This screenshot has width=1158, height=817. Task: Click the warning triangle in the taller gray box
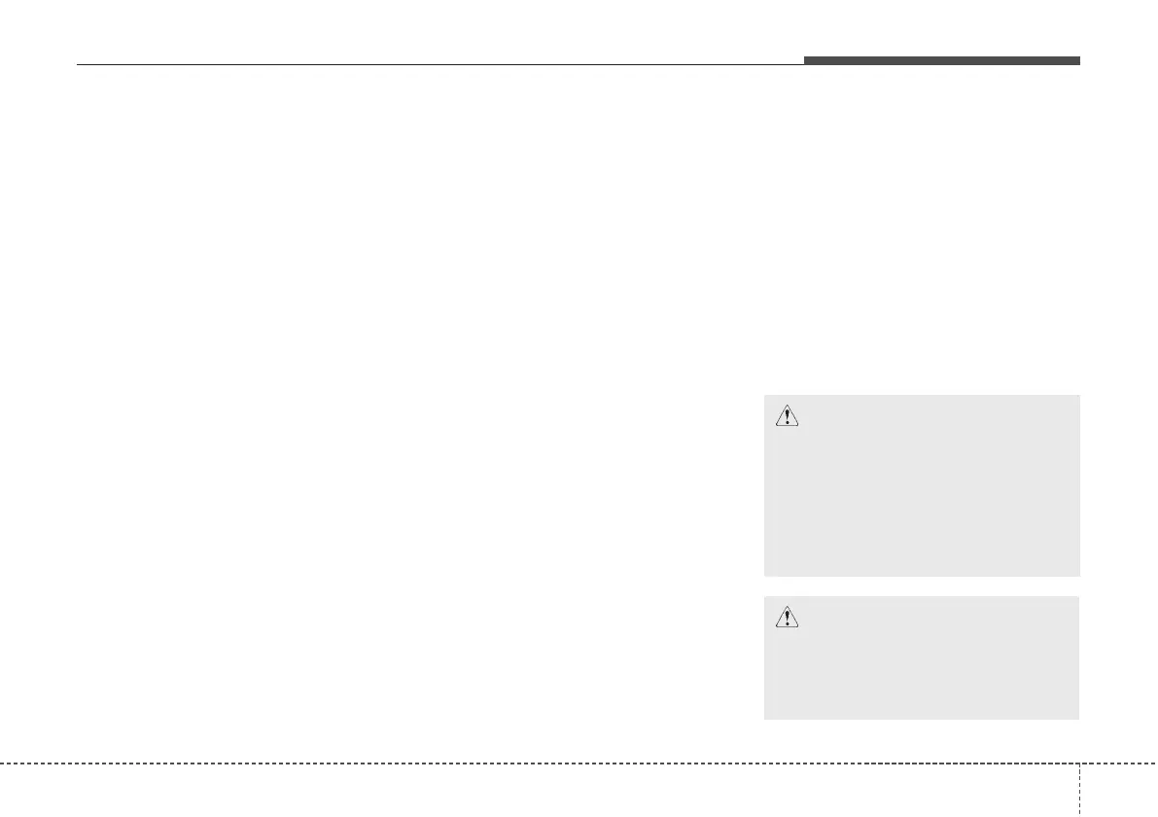(x=786, y=416)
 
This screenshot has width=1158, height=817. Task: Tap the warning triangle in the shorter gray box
(x=786, y=617)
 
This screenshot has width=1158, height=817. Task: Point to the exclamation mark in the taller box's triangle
(x=786, y=418)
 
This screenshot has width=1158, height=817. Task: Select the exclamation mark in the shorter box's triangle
(x=786, y=619)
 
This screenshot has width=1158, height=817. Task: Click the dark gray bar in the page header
(x=941, y=60)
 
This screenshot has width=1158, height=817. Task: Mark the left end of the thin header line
(x=78, y=65)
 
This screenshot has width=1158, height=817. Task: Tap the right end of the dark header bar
(x=1078, y=60)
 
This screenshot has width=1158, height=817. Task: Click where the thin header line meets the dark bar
(x=804, y=64)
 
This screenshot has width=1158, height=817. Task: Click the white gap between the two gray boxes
(x=921, y=586)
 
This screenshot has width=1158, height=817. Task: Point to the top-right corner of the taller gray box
(x=1078, y=395)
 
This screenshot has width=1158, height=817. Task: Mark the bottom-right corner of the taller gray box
(x=1078, y=576)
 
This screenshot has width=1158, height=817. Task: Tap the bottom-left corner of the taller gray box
(x=765, y=576)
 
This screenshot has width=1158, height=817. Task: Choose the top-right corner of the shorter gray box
(x=1078, y=597)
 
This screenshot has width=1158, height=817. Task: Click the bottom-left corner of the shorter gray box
(x=765, y=718)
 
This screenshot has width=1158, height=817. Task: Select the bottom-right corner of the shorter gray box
(x=1078, y=718)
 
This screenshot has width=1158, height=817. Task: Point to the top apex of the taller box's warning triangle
(x=786, y=406)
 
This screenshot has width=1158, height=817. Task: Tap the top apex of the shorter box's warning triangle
(x=786, y=606)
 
